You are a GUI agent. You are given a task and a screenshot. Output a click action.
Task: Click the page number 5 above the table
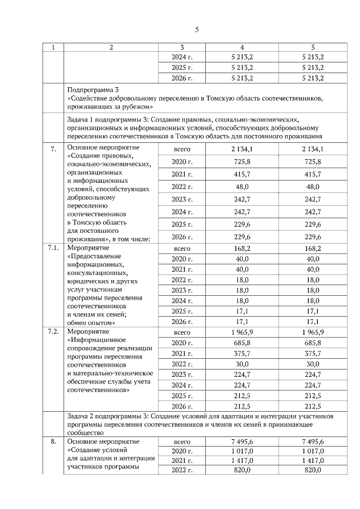pyautogui.click(x=197, y=30)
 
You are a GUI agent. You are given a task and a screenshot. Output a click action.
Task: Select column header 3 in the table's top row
pyautogui.click(x=182, y=48)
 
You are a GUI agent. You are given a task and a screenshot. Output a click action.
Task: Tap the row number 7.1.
pyautogui.click(x=53, y=248)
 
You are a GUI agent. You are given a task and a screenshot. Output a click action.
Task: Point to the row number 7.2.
pyautogui.click(x=53, y=332)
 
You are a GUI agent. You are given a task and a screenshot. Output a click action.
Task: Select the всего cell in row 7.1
pyautogui.click(x=182, y=248)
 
